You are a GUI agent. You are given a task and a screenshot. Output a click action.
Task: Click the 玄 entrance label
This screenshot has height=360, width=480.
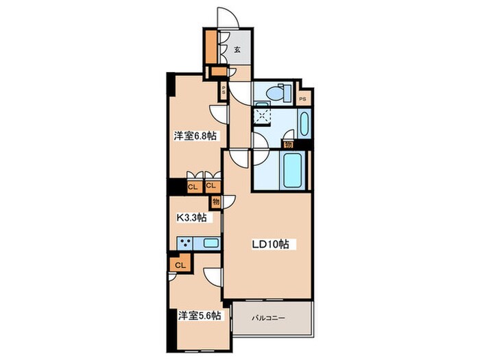[x=237, y=49]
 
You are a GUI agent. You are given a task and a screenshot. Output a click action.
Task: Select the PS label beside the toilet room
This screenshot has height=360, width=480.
[x=302, y=99]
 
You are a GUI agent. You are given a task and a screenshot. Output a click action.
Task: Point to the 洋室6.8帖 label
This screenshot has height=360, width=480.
[x=195, y=136]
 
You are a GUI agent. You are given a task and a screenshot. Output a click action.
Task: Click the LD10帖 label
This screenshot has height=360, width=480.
[x=270, y=244]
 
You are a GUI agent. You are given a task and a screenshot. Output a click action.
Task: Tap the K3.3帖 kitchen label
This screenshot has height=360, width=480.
[x=191, y=217]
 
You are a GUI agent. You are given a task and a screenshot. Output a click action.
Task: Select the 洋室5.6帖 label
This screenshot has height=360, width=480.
[x=200, y=315]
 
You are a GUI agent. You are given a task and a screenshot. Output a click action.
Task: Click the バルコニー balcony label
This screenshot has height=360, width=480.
[x=268, y=318]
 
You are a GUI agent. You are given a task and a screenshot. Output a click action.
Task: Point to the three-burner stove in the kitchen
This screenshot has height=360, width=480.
[x=185, y=243]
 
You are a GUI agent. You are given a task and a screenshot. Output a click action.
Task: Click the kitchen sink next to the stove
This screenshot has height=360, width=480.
[x=211, y=243]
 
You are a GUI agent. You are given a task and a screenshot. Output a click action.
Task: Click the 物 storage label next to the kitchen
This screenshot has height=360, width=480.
[x=216, y=202]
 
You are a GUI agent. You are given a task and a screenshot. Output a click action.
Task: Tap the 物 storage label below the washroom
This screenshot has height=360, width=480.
[x=288, y=144]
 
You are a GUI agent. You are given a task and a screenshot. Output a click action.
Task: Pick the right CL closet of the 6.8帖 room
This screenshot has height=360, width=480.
[x=211, y=186]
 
